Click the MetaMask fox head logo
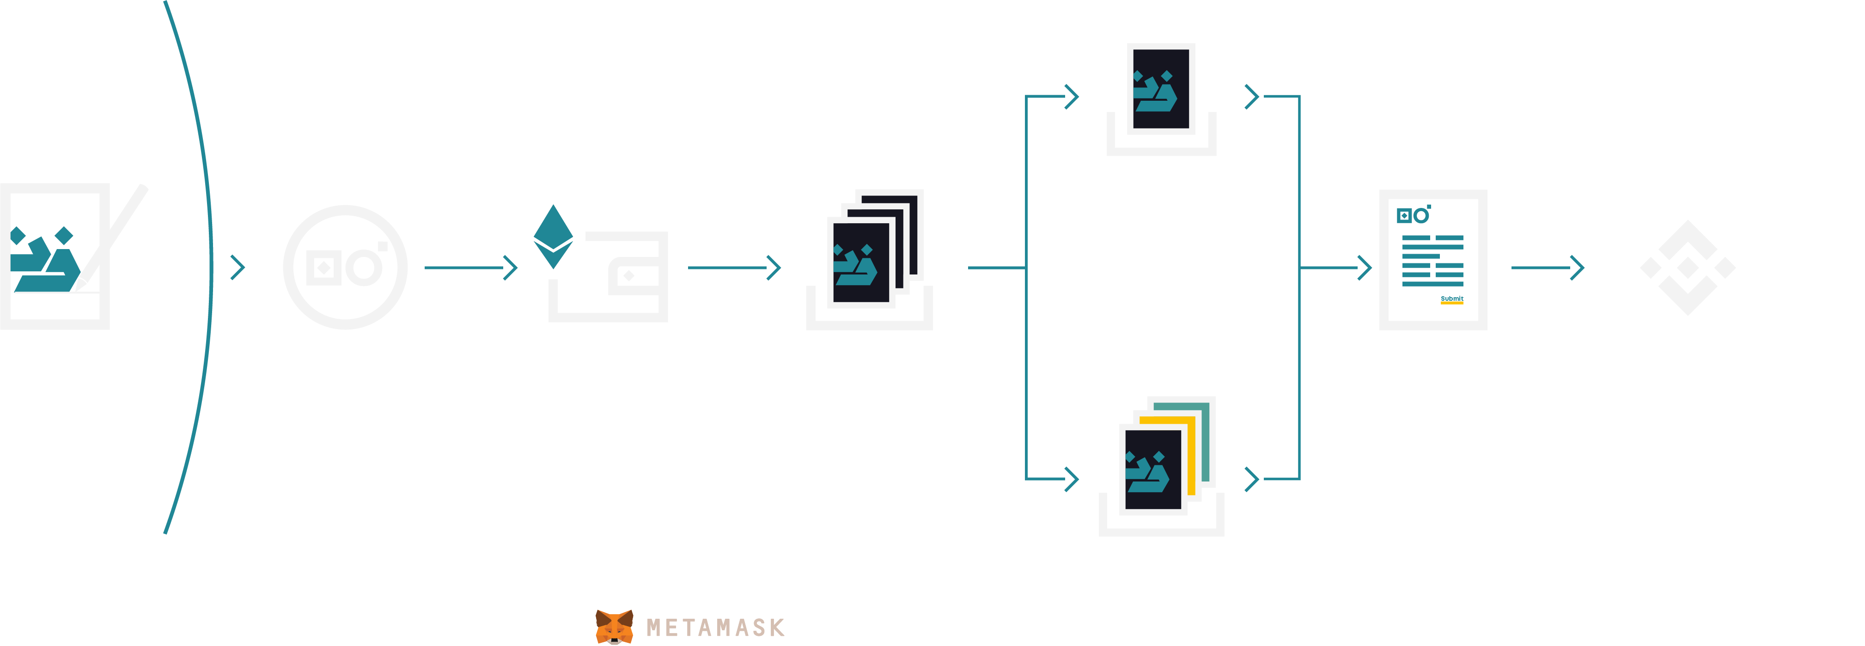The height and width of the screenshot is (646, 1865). click(x=614, y=627)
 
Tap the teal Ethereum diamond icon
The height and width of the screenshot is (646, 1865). click(x=553, y=237)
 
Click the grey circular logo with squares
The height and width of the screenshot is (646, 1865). click(x=345, y=267)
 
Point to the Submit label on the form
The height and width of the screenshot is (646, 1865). click(x=1451, y=299)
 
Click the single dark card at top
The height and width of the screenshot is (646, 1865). click(x=1161, y=88)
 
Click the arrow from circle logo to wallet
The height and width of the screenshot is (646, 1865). click(x=470, y=267)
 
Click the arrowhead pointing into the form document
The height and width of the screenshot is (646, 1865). click(x=1364, y=267)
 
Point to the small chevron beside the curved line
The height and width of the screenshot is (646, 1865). click(x=238, y=267)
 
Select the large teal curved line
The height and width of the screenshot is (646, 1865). click(x=211, y=267)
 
